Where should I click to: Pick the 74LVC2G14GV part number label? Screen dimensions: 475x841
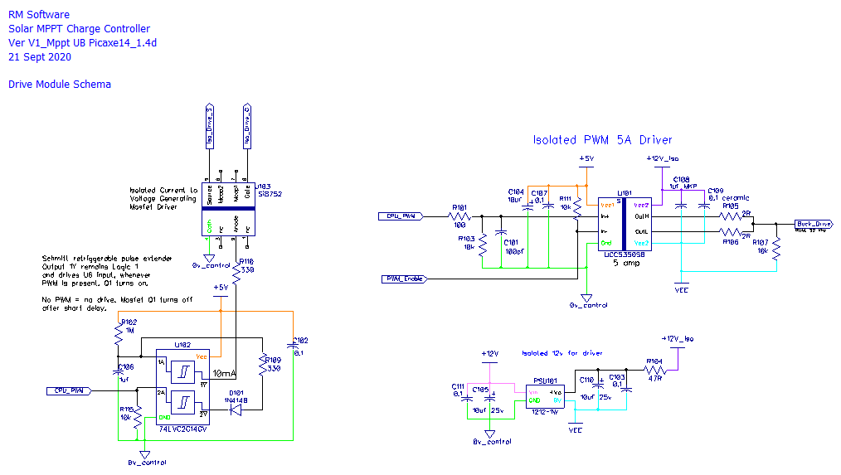pyautogui.click(x=185, y=431)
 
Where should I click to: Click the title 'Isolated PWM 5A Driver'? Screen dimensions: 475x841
pyautogui.click(x=602, y=140)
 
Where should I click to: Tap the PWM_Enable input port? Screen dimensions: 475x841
pyautogui.click(x=403, y=279)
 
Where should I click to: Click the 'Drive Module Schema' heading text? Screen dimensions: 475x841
pyautogui.click(x=59, y=85)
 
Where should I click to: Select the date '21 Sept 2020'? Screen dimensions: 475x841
pyautogui.click(x=40, y=57)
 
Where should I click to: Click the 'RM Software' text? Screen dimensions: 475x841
pyautogui.click(x=39, y=15)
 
